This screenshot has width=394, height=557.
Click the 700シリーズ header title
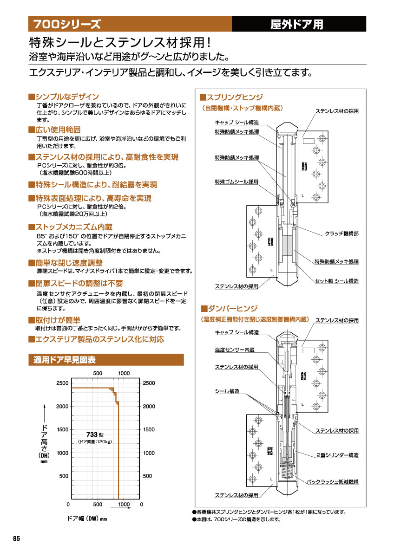66,24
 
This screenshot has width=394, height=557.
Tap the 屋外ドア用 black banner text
297,25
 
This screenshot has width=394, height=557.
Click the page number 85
17,538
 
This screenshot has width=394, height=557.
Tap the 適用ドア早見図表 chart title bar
65,360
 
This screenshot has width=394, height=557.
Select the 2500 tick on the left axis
63,383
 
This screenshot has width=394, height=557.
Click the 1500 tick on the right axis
149,430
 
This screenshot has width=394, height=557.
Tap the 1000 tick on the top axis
124,373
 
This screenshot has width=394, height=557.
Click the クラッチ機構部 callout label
341,234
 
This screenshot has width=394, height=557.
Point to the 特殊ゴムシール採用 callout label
236,181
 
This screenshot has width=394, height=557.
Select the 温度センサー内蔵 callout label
234,350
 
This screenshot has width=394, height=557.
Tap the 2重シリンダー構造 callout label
337,455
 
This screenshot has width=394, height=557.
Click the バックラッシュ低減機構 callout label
333,482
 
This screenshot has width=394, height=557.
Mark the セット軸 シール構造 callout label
337,281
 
